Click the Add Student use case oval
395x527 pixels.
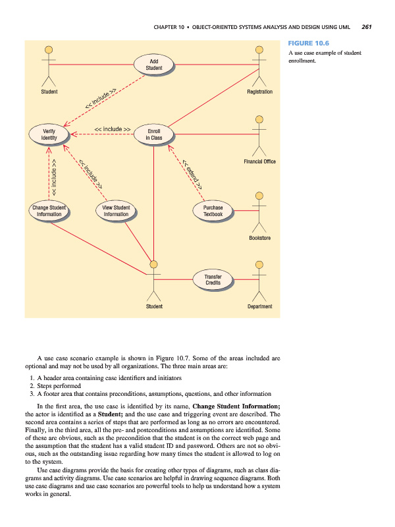153,65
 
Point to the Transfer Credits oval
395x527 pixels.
213,279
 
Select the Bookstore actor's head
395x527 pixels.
259,196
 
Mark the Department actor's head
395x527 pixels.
259,265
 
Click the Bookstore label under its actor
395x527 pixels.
260,237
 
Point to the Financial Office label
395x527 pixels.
259,161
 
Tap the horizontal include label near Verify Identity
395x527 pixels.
112,129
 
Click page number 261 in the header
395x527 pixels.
367,28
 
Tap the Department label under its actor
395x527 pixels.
260,306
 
